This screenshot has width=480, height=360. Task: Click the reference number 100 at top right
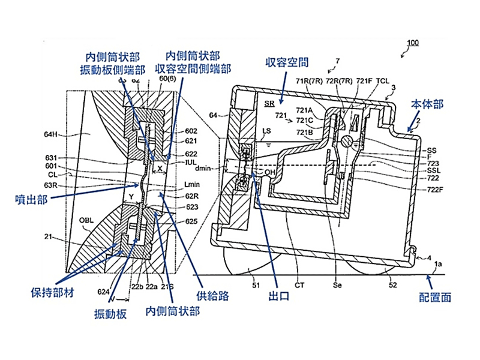pyautogui.click(x=413, y=43)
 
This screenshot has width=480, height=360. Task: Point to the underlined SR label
pyautogui.click(x=269, y=103)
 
